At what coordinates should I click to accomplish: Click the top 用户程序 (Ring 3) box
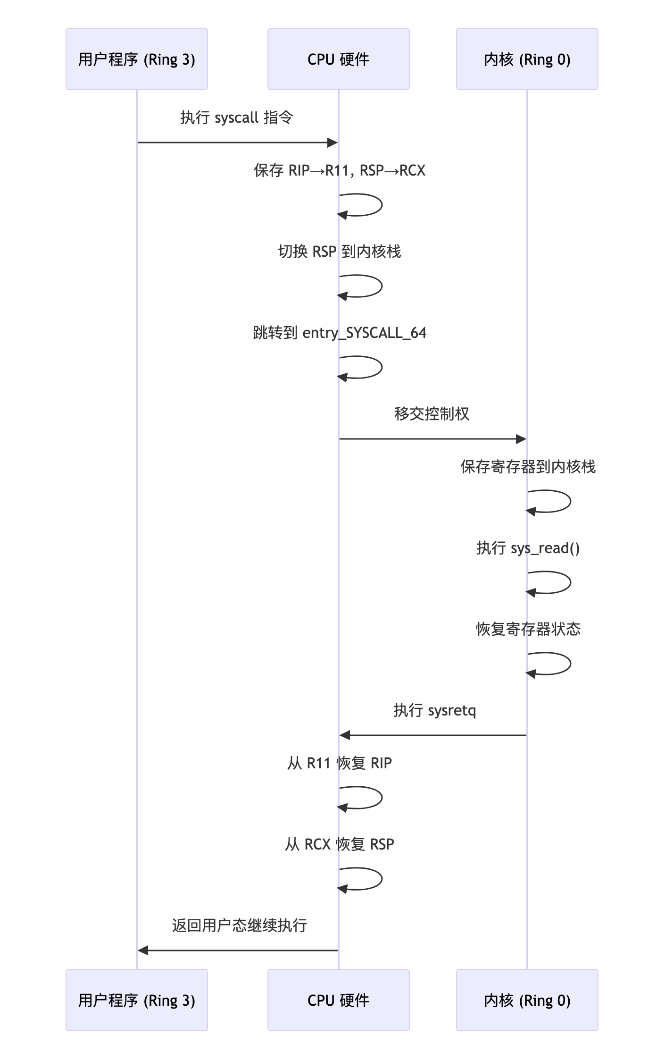(136, 59)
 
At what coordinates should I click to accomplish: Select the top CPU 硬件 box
(338, 59)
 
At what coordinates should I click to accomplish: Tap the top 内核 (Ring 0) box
(527, 59)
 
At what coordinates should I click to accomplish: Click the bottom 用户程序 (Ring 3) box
(136, 1000)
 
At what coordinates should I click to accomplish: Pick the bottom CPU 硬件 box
(338, 1000)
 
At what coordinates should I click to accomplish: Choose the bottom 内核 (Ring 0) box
(527, 1000)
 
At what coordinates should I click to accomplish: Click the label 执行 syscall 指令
(237, 118)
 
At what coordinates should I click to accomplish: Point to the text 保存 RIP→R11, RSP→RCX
(339, 170)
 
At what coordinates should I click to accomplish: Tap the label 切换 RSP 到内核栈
(339, 252)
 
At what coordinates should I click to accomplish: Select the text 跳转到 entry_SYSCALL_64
(339, 333)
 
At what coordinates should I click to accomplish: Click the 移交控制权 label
(432, 414)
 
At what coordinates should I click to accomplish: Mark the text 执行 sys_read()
(528, 548)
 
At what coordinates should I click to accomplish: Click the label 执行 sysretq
(434, 710)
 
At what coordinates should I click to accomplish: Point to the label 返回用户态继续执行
(239, 925)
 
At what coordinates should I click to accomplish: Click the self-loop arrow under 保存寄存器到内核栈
(559, 501)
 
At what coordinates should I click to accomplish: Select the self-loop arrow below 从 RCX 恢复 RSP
(370, 879)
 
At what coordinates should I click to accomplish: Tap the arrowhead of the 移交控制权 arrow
(521, 439)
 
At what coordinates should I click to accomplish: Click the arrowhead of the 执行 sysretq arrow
(345, 735)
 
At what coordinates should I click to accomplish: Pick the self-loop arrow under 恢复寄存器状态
(559, 664)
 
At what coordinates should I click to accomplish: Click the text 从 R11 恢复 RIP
(339, 763)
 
